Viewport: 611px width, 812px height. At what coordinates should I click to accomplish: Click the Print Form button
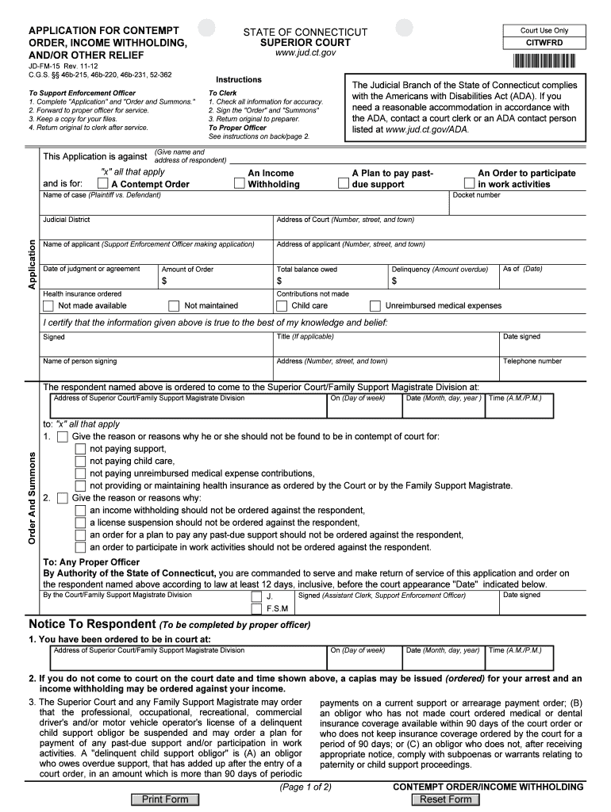[x=164, y=799]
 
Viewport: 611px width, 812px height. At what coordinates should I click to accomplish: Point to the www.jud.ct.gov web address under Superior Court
[x=305, y=52]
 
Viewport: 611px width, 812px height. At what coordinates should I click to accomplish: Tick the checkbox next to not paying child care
[x=80, y=462]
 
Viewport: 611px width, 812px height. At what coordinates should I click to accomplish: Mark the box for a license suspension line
[x=80, y=523]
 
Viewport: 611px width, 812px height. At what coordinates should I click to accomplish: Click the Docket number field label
[x=476, y=195]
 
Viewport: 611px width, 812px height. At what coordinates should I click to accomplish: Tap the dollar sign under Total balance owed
[x=279, y=282]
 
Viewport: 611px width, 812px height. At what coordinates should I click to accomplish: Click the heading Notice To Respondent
[x=91, y=624]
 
